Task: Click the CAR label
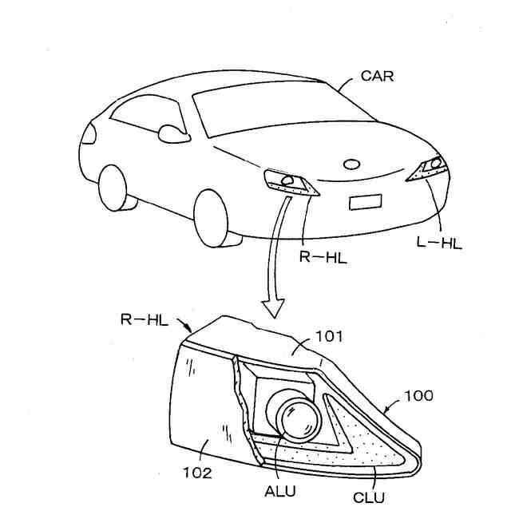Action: [378, 77]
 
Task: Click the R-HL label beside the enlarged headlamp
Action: [144, 319]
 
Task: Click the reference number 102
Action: [196, 473]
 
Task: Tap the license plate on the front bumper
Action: [367, 202]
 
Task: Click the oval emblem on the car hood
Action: [351, 165]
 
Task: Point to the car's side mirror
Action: [172, 133]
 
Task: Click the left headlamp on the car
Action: [430, 167]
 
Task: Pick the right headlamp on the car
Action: [291, 182]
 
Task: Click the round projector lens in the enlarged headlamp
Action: [295, 418]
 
